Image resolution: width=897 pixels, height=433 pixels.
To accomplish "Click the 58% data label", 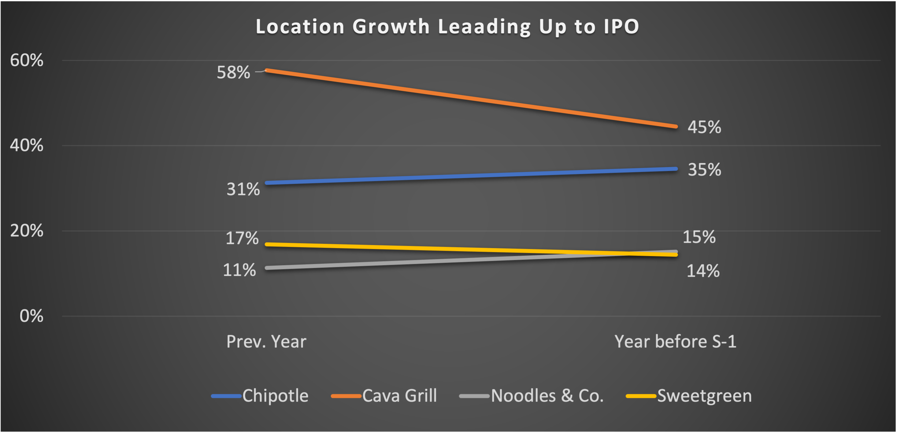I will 233,72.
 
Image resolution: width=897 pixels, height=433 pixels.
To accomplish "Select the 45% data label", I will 704,127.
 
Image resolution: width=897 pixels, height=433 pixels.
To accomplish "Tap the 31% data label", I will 243,189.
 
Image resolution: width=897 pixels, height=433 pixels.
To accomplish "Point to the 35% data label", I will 704,170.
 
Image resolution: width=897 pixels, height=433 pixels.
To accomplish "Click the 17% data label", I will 242,239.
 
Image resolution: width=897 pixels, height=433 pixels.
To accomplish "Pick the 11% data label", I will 239,270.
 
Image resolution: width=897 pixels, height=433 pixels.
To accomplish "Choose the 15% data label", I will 699,237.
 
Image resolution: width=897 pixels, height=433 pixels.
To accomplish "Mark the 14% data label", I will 703,271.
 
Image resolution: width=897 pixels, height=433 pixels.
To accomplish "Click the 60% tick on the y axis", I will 27,60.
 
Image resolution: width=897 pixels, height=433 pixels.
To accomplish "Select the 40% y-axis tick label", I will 27,145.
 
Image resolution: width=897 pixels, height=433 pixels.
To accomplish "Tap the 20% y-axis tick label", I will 27,231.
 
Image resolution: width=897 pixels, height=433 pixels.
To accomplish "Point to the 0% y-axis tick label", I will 31,316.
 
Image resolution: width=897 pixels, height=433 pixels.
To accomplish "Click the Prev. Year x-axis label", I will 266,342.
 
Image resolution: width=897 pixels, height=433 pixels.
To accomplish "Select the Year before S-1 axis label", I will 675,342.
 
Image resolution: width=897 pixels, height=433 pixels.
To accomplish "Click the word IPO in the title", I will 621,27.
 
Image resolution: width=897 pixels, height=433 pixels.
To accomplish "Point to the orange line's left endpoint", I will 267,70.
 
